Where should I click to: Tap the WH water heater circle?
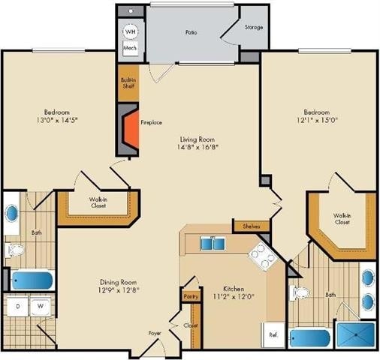coord(131,31)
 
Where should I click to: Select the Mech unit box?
coord(130,48)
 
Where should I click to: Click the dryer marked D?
coord(17,306)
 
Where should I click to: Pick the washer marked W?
coord(41,306)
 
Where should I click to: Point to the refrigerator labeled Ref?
coord(273,334)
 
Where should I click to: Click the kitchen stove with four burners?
coord(263,257)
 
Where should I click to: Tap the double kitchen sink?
coord(213,244)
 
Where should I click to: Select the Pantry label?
coord(191,297)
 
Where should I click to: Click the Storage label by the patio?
coord(254,27)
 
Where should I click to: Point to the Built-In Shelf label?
coord(128,83)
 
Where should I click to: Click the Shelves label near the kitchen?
coord(252,226)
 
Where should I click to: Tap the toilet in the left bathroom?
coord(15,250)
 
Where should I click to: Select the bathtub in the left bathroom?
coord(32,280)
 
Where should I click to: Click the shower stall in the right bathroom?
coord(356,334)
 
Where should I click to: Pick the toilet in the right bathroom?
coord(300,292)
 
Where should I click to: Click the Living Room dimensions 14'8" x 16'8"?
coord(198,147)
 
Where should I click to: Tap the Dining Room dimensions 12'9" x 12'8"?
coord(119,290)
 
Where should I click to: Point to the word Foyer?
coord(155,333)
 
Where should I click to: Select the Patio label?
coord(191,32)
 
